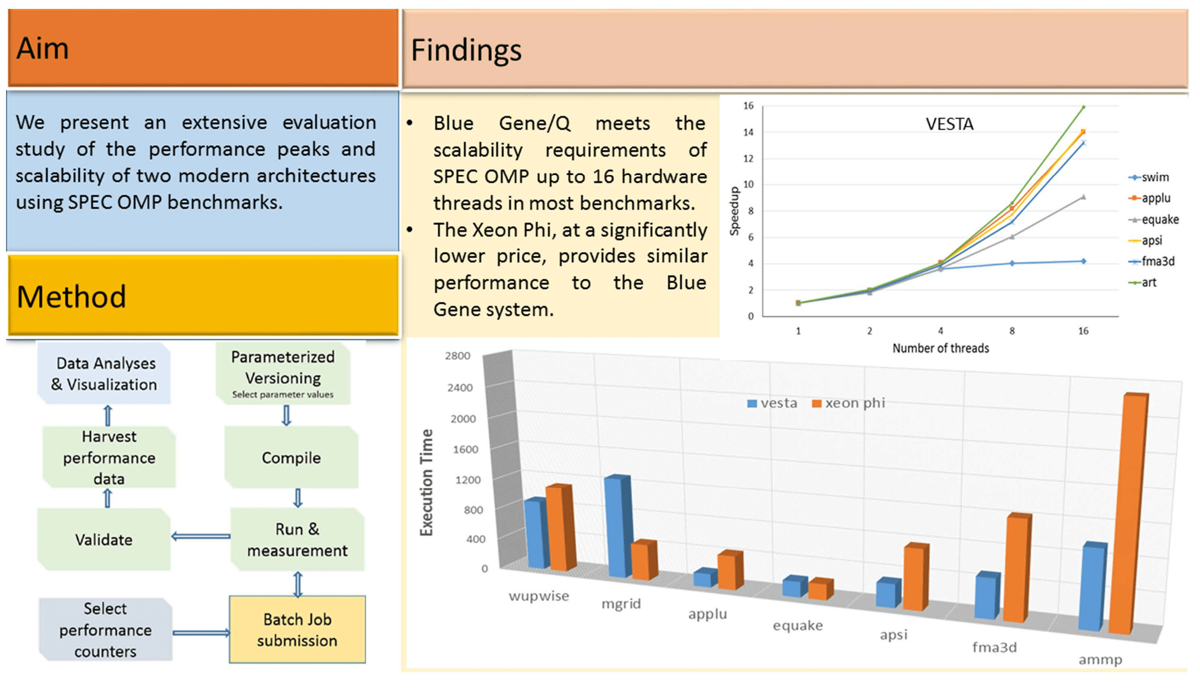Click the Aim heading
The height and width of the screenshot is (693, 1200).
pyautogui.click(x=43, y=49)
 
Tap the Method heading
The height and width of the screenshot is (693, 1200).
pyautogui.click(x=71, y=296)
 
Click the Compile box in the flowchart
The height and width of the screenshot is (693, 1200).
pyautogui.click(x=291, y=457)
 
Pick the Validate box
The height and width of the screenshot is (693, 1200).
pyautogui.click(x=104, y=539)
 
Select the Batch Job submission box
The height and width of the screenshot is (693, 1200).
pyautogui.click(x=297, y=629)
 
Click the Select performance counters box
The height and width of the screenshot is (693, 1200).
pyautogui.click(x=105, y=629)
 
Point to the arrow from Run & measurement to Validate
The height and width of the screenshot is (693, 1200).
pyautogui.click(x=200, y=536)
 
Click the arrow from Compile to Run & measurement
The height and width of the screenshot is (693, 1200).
pyautogui.click(x=298, y=498)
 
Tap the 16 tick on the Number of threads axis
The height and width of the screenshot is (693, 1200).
pyautogui.click(x=1082, y=331)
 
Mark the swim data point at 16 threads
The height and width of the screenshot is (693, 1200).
pyautogui.click(x=1083, y=261)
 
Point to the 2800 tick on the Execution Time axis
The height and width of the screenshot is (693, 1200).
pyautogui.click(x=457, y=356)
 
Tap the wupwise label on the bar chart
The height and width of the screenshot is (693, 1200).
pyautogui.click(x=539, y=596)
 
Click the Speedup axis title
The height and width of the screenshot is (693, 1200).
pyautogui.click(x=734, y=211)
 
